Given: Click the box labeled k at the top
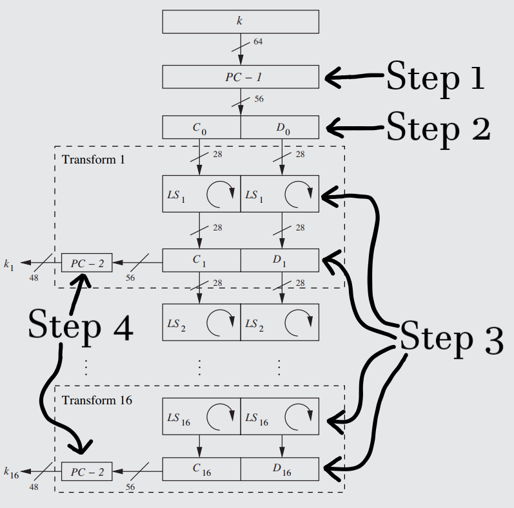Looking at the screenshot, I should pyautogui.click(x=240, y=22).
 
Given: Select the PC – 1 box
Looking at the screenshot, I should pyautogui.click(x=240, y=77).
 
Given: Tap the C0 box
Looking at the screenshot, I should pyautogui.click(x=201, y=127).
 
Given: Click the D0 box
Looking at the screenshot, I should pyautogui.click(x=280, y=127).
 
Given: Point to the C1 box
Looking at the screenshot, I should pyautogui.click(x=201, y=260).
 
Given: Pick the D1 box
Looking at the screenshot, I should pyautogui.click(x=280, y=260).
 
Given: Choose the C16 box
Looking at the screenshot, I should pyautogui.click(x=201, y=469).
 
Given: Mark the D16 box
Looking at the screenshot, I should pyautogui.click(x=280, y=469).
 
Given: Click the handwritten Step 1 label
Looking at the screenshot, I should pyautogui.click(x=435, y=78).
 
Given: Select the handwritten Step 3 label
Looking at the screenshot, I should pyautogui.click(x=451, y=339).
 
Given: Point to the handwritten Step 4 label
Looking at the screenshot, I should pyautogui.click(x=80, y=326).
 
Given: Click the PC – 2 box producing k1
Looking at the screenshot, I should pyautogui.click(x=87, y=263).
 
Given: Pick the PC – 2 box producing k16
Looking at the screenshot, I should pyautogui.click(x=87, y=472).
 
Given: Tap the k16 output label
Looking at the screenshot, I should pyautogui.click(x=11, y=473).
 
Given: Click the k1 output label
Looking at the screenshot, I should pyautogui.click(x=8, y=264).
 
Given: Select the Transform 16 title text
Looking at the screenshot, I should pyautogui.click(x=97, y=400).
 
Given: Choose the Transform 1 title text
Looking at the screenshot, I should pyautogui.click(x=94, y=158).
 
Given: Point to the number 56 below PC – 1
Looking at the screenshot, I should pyautogui.click(x=259, y=99).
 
